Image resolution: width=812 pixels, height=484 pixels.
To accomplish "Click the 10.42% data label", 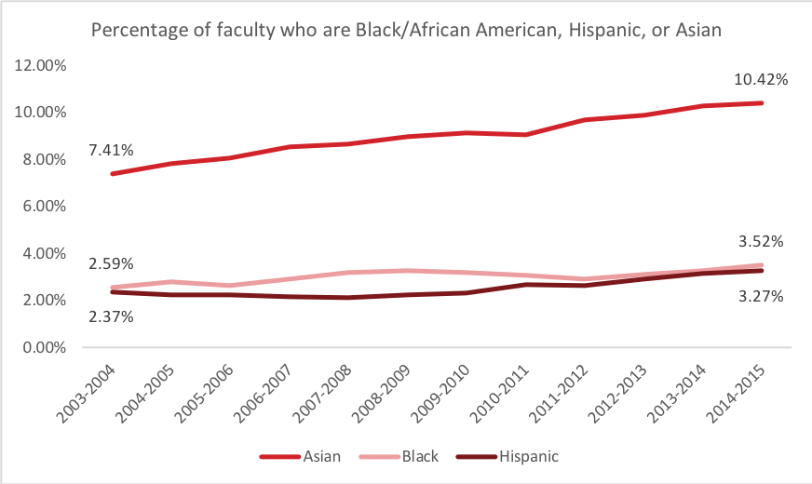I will pyautogui.click(x=761, y=80).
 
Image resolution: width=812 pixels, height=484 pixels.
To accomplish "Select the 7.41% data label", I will pyautogui.click(x=111, y=149).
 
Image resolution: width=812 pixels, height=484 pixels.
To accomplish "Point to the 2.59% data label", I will pyautogui.click(x=111, y=264).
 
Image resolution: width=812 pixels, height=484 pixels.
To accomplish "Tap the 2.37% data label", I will pyautogui.click(x=111, y=316).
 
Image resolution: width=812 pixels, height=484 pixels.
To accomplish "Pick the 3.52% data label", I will pyautogui.click(x=761, y=242).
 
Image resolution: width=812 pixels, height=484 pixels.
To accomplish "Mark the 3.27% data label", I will pyautogui.click(x=761, y=298).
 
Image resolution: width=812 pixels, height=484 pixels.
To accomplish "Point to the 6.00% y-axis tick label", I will pyautogui.click(x=42, y=207).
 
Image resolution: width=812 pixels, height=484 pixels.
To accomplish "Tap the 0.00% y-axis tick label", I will pyautogui.click(x=42, y=348).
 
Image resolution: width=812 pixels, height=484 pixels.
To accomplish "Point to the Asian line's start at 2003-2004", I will pyautogui.click(x=112, y=174).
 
